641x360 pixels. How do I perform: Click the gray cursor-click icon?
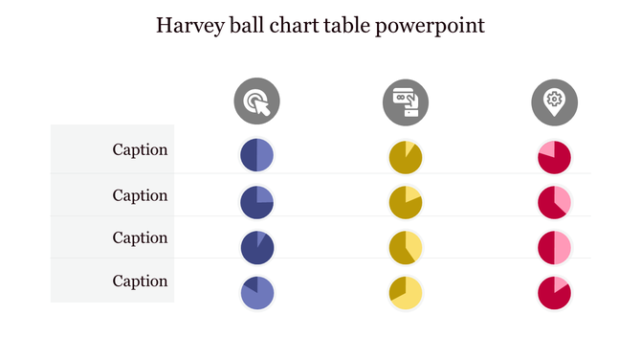pyautogui.click(x=257, y=101)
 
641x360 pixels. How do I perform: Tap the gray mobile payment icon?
pyautogui.click(x=406, y=101)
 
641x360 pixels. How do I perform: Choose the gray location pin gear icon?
pyautogui.click(x=554, y=101)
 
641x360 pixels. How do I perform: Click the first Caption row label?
pyautogui.click(x=140, y=149)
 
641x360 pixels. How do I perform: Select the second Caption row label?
pyautogui.click(x=140, y=195)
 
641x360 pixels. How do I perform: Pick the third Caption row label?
pyautogui.click(x=140, y=237)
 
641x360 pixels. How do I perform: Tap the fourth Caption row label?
pyautogui.click(x=140, y=281)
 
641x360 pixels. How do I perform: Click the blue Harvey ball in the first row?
pyautogui.click(x=257, y=156)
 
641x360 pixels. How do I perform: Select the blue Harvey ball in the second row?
pyautogui.click(x=257, y=202)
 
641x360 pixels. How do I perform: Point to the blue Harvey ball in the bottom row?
pyautogui.click(x=257, y=293)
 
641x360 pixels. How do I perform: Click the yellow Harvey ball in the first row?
pyautogui.click(x=406, y=156)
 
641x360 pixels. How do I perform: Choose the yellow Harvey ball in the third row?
pyautogui.click(x=406, y=247)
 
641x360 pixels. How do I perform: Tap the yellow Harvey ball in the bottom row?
pyautogui.click(x=406, y=293)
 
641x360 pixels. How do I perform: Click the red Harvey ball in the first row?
pyautogui.click(x=554, y=156)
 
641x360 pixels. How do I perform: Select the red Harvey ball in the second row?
pyautogui.click(x=554, y=202)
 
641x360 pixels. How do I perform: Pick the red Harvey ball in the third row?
pyautogui.click(x=554, y=247)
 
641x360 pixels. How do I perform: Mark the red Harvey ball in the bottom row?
pyautogui.click(x=554, y=293)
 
